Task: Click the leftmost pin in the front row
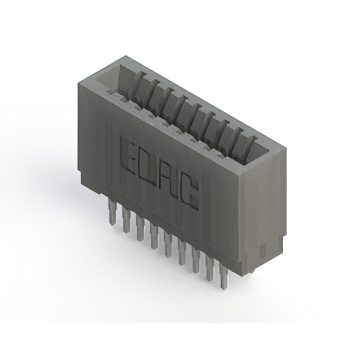pos(112,213)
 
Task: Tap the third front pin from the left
pos(140,227)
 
